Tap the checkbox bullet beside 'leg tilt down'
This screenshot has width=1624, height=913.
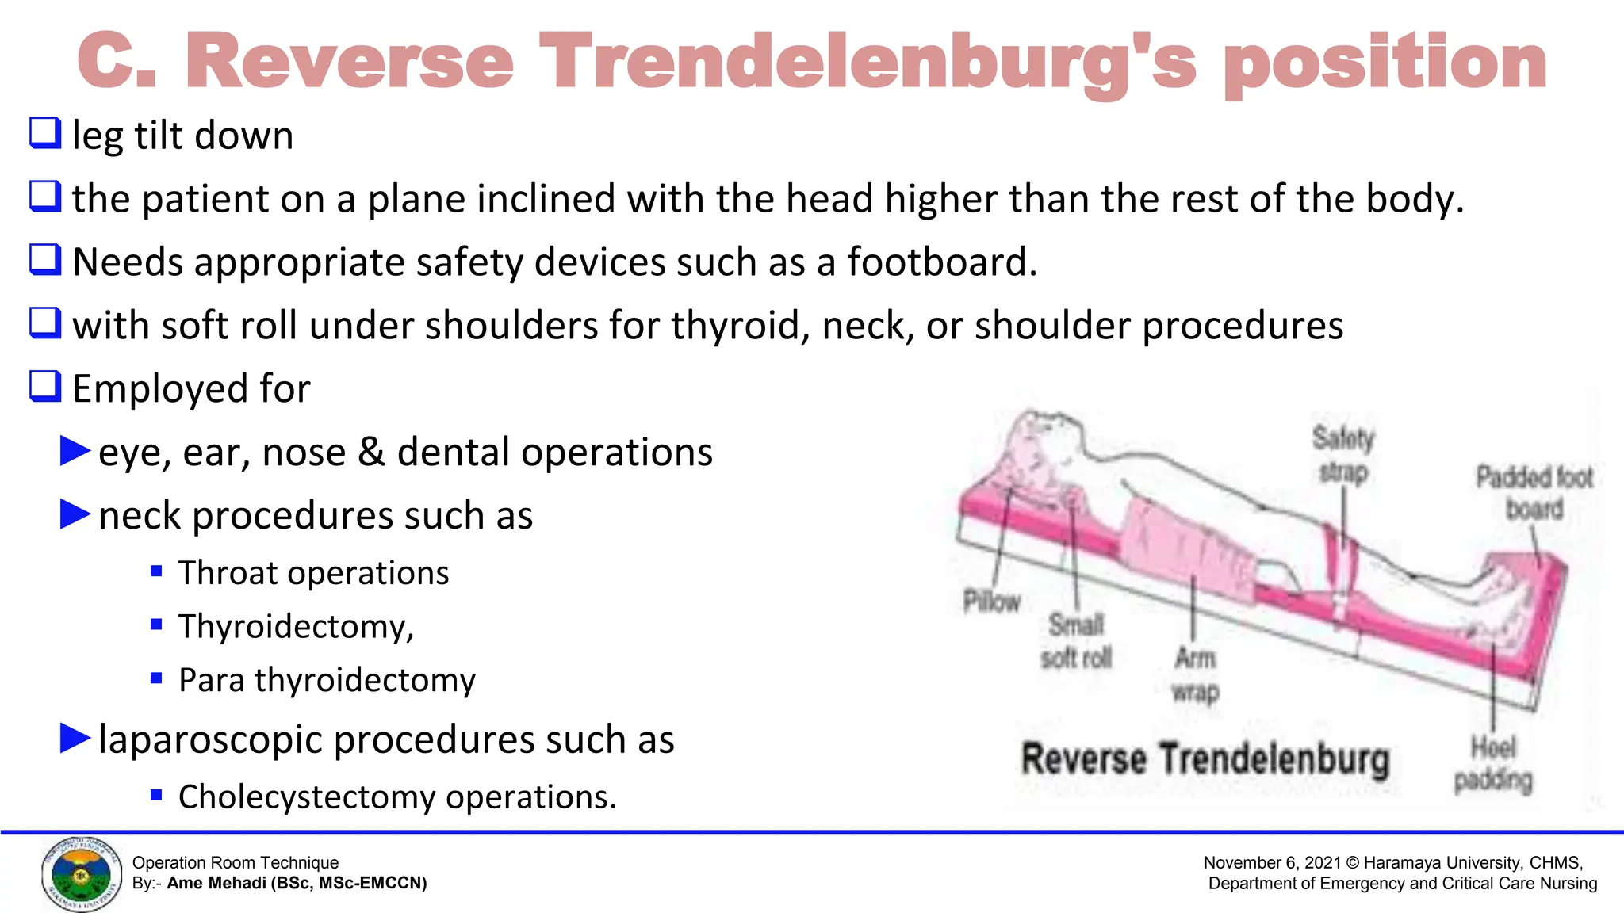pyautogui.click(x=45, y=133)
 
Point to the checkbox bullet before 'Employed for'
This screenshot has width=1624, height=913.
pyautogui.click(x=45, y=387)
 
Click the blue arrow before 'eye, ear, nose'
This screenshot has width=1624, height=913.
pyautogui.click(x=76, y=451)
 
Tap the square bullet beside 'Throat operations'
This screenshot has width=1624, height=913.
pyautogui.click(x=156, y=571)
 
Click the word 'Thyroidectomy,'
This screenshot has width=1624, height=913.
pyautogui.click(x=296, y=626)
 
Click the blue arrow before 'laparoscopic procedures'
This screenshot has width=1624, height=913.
pyautogui.click(x=76, y=738)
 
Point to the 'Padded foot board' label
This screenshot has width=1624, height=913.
pyautogui.click(x=1534, y=493)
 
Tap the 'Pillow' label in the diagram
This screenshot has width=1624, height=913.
pyautogui.click(x=991, y=602)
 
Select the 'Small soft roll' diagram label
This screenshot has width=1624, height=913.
pyautogui.click(x=1076, y=641)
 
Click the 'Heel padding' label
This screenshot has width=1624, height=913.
pyautogui.click(x=1493, y=763)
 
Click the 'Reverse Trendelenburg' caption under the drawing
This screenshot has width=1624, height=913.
pyautogui.click(x=1205, y=759)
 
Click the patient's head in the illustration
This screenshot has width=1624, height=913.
pyautogui.click(x=1039, y=444)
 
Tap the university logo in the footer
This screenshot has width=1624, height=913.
pyautogui.click(x=82, y=874)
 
